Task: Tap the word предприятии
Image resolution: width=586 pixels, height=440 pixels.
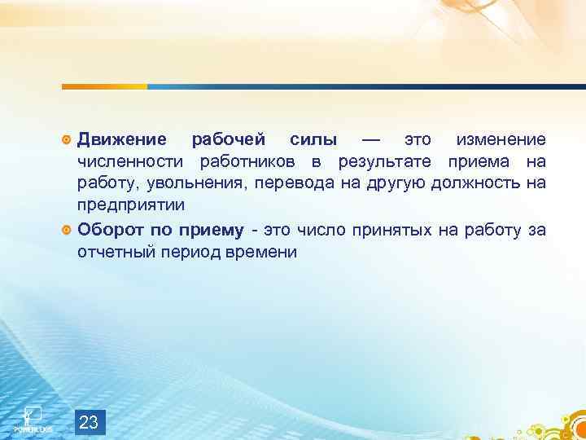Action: [x=130, y=204]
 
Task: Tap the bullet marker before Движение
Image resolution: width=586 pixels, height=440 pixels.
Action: [x=67, y=141]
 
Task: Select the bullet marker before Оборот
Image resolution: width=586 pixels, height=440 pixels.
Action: [x=67, y=231]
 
